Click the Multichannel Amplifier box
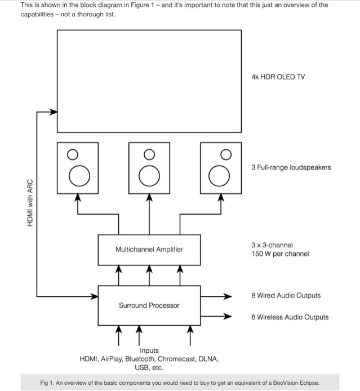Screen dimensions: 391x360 click(x=149, y=250)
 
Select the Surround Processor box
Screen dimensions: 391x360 click(x=149, y=305)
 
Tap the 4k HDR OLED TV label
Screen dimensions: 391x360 click(x=278, y=77)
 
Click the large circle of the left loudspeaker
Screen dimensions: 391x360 click(x=78, y=176)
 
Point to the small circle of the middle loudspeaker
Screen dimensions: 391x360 click(x=149, y=154)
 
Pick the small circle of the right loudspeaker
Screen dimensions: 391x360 click(x=225, y=154)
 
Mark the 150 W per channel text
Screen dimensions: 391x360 click(x=280, y=254)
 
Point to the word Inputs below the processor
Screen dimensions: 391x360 click(x=149, y=350)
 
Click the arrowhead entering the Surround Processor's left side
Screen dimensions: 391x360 click(x=95, y=295)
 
